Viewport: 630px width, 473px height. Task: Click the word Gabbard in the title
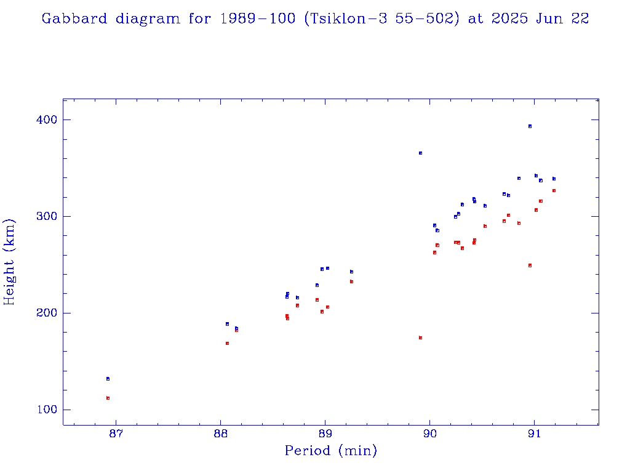pos(74,18)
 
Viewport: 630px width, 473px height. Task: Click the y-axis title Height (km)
pos(9,262)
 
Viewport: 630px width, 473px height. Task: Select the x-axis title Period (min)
pos(330,451)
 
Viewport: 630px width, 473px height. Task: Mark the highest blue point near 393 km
pos(530,126)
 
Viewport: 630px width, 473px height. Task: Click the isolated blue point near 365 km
pos(420,153)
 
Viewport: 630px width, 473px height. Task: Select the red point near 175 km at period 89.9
pos(420,338)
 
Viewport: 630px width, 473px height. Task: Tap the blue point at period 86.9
pos(108,379)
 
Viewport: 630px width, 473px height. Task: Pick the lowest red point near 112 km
pos(108,398)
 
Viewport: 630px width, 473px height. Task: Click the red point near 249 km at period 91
pos(530,265)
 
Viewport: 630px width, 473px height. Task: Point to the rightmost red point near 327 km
pos(554,191)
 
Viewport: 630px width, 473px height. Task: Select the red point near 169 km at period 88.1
pos(227,343)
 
